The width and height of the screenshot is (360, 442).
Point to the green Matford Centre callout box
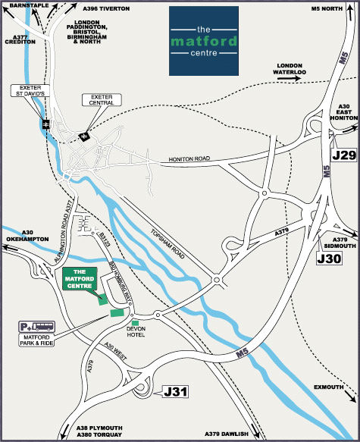[x=83, y=277]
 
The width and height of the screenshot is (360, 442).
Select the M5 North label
[x=328, y=8]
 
